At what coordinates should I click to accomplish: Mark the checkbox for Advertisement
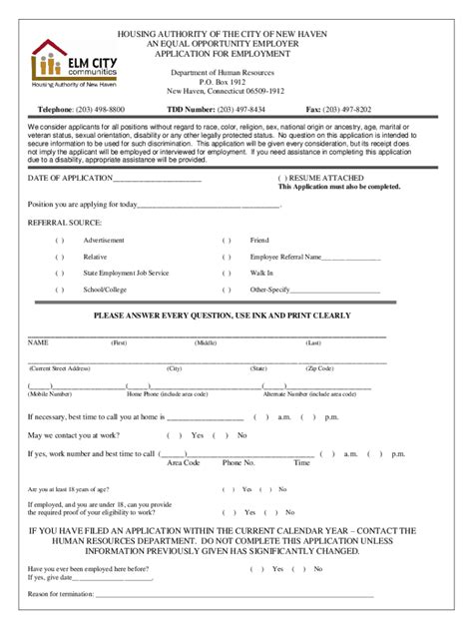click(60, 241)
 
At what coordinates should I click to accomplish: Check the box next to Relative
click(60, 257)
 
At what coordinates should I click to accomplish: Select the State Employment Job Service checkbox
click(60, 273)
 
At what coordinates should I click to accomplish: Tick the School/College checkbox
click(60, 290)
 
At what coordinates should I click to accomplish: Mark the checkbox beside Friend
click(227, 241)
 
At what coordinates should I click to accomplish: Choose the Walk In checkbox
click(227, 273)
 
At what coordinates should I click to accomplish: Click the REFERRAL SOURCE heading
click(64, 223)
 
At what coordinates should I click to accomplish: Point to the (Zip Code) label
click(320, 368)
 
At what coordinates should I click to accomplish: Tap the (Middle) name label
click(206, 342)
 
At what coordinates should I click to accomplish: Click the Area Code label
click(184, 463)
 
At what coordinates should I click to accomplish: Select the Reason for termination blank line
click(235, 594)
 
